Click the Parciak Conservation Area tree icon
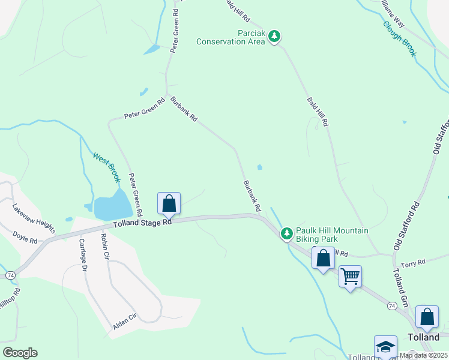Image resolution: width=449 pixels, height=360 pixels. click(274, 37)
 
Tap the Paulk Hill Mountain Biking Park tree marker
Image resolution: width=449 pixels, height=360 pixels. click(287, 232)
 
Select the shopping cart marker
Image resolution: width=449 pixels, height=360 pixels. click(350, 277)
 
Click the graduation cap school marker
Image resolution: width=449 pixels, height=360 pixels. click(385, 347)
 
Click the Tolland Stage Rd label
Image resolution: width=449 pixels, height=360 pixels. click(142, 223)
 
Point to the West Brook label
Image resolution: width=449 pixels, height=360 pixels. click(106, 167)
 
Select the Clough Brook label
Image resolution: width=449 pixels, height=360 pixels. click(400, 40)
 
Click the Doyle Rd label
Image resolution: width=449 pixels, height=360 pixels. click(25, 240)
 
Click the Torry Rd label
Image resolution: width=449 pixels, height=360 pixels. click(413, 262)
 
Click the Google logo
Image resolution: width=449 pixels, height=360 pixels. click(20, 353)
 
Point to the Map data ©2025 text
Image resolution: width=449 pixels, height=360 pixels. click(423, 355)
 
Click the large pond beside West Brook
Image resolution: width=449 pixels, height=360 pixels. click(112, 205)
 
